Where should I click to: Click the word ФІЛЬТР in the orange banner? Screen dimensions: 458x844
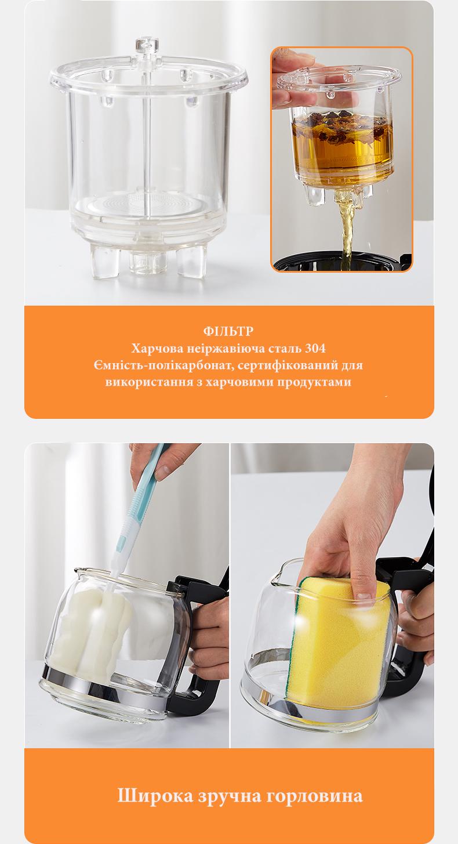pyautogui.click(x=228, y=332)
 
